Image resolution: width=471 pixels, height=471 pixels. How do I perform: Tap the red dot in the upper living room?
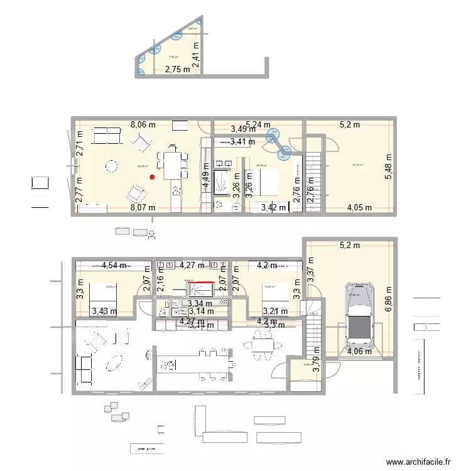coord(151,176)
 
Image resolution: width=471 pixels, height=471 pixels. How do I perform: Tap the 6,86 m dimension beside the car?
coord(388,298)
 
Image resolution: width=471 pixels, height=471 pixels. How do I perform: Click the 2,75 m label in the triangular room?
coord(177,70)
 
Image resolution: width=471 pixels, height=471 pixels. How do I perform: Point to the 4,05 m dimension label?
coord(359,207)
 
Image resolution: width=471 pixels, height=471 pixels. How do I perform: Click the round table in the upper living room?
coord(111,166)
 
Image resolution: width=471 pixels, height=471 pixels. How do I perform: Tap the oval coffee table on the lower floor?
coord(116,362)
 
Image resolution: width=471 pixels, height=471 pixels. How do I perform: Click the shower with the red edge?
coord(201,290)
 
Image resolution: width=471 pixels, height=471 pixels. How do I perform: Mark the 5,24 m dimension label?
coord(258,124)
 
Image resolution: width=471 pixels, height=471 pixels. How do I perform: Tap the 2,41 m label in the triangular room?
coord(197,55)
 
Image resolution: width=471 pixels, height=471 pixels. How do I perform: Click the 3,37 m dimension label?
coord(310,271)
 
